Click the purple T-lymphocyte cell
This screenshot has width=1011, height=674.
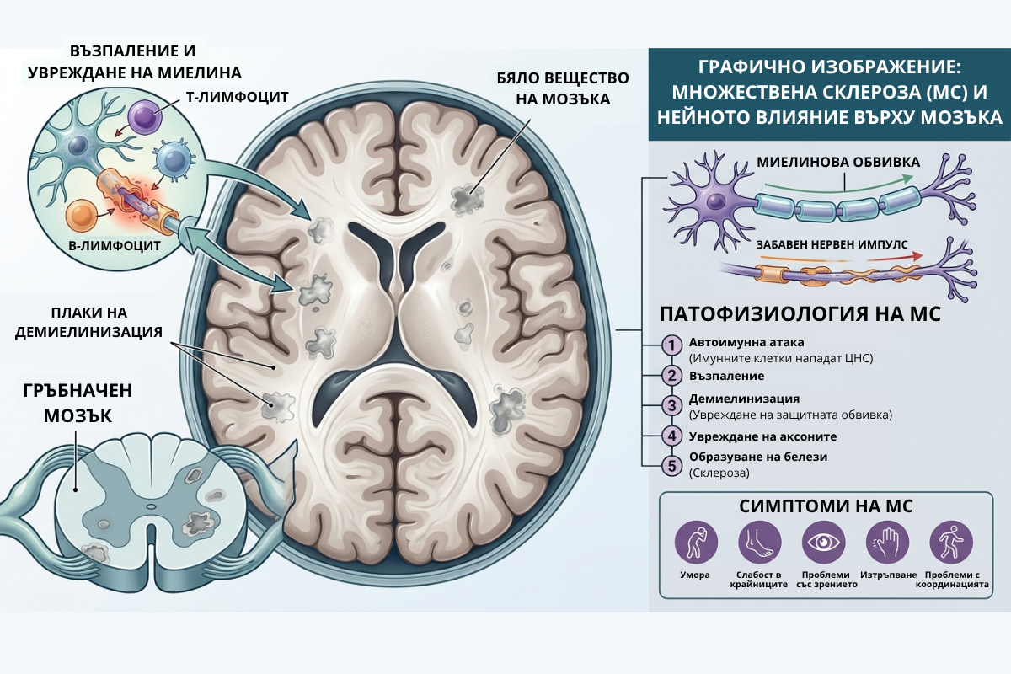[x=144, y=117]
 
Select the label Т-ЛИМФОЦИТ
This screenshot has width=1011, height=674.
[x=238, y=97]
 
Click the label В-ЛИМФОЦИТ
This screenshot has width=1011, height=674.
[x=115, y=246]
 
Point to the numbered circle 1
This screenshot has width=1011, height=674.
[x=671, y=345]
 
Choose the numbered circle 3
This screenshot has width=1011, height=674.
[x=671, y=405]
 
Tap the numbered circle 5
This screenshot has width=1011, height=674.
[x=671, y=465]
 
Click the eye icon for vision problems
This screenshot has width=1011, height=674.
[x=824, y=543]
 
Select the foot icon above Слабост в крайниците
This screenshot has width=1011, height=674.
[x=760, y=543]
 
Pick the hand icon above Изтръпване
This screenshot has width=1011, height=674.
[x=888, y=543]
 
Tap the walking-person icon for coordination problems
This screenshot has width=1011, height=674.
[x=951, y=543]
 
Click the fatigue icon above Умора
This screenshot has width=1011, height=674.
[x=696, y=543]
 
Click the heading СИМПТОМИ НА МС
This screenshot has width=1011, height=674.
[x=826, y=506]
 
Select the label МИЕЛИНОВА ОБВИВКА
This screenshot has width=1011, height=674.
[x=838, y=162]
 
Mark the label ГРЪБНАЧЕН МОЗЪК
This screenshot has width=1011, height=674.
[x=78, y=403]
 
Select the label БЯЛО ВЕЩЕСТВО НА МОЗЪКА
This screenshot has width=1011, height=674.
[x=563, y=88]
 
